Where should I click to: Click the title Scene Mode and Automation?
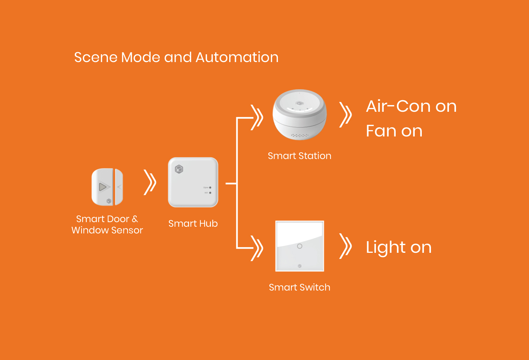point(176,57)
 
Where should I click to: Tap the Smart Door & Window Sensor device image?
point(107,187)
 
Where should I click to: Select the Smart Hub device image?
point(193,182)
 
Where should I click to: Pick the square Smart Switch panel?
point(299,246)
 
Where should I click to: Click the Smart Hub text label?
point(193,224)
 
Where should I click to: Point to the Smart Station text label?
point(299,156)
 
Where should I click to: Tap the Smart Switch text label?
point(299,287)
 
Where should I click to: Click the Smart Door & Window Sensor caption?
point(107,224)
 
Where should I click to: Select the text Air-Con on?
point(411,106)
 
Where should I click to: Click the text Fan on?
point(394,131)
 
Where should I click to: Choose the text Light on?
point(399,247)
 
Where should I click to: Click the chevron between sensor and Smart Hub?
point(150,182)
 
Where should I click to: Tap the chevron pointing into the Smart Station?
point(257,117)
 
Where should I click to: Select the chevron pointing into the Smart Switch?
point(257,248)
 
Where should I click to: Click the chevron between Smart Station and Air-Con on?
point(346,115)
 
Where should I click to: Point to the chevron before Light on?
point(346,246)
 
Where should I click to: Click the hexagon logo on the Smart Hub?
point(179,169)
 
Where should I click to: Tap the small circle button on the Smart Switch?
point(299,246)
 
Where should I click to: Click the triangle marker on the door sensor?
point(103,187)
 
